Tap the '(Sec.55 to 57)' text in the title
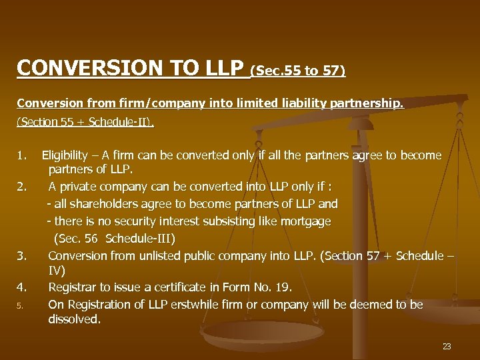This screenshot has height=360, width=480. (298, 70)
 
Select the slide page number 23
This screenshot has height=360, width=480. (447, 346)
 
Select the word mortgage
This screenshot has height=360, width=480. (306, 221)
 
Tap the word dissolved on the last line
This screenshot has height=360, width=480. (74, 319)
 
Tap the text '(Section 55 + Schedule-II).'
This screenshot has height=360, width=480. (85, 123)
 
